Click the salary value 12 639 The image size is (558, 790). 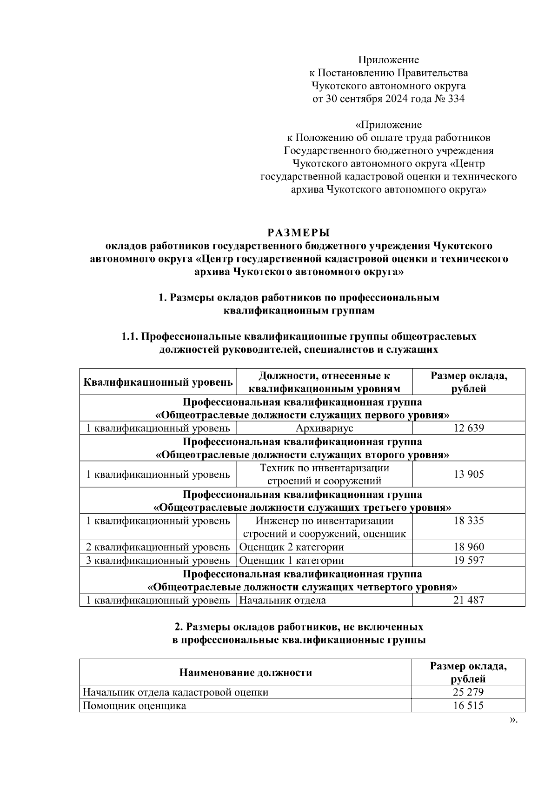468,428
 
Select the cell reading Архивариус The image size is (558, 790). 324,428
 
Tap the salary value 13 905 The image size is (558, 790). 468,474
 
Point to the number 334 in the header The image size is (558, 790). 455,99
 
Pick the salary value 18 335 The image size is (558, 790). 468,521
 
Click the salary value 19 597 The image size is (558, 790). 468,560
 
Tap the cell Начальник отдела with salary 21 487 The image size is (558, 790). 282,600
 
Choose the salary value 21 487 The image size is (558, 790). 468,600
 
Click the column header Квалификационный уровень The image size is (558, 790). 158,382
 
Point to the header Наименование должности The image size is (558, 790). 246,672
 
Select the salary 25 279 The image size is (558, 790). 468,692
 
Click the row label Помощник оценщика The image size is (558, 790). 134,706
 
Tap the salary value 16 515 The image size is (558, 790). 468,706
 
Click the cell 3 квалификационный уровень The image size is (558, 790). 158,560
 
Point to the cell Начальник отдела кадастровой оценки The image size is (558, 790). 175,692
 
